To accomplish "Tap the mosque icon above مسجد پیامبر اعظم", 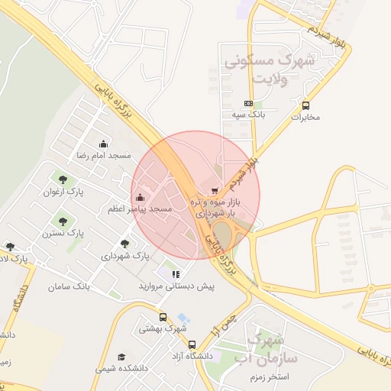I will (140, 199).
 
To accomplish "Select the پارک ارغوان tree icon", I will (63, 180).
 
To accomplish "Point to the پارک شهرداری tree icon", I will (124, 244).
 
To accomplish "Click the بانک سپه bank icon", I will (248, 103).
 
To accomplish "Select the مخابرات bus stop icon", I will (306, 106).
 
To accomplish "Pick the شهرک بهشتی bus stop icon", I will (163, 317).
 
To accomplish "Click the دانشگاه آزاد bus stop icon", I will (192, 344).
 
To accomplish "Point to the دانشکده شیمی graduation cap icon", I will (121, 357).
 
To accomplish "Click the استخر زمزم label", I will (268, 377).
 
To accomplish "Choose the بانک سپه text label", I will (248, 115).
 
